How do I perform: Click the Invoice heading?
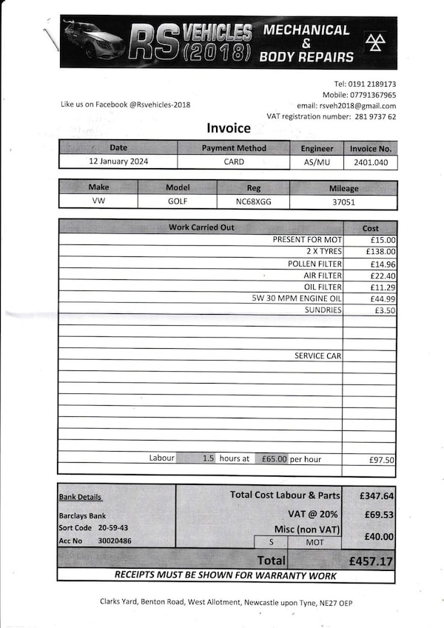click(229, 129)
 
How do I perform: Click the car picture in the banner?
click(93, 41)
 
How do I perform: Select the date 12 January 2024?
click(118, 161)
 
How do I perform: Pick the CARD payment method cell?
click(234, 161)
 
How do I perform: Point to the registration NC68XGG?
click(253, 201)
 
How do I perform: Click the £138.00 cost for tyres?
click(380, 252)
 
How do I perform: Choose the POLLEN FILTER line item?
click(314, 264)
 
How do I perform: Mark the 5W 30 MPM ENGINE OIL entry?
click(296, 298)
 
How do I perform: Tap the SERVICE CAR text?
click(317, 356)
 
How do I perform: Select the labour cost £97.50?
click(382, 460)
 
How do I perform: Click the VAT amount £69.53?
click(377, 514)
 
